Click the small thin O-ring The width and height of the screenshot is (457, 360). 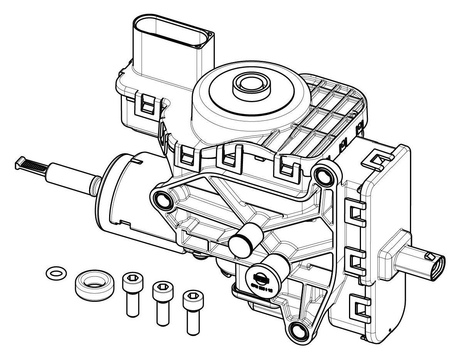(x=56, y=273)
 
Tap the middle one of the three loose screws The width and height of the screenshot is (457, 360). (x=161, y=301)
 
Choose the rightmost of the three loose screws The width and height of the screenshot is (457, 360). (x=192, y=310)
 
